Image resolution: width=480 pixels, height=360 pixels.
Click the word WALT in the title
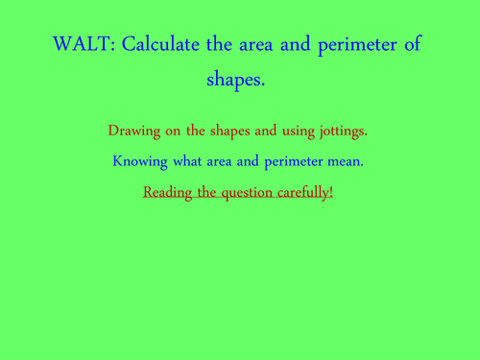pos(83,46)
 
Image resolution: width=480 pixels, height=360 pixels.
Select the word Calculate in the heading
pos(163,46)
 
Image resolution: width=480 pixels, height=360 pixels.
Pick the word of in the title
pos(411,46)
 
